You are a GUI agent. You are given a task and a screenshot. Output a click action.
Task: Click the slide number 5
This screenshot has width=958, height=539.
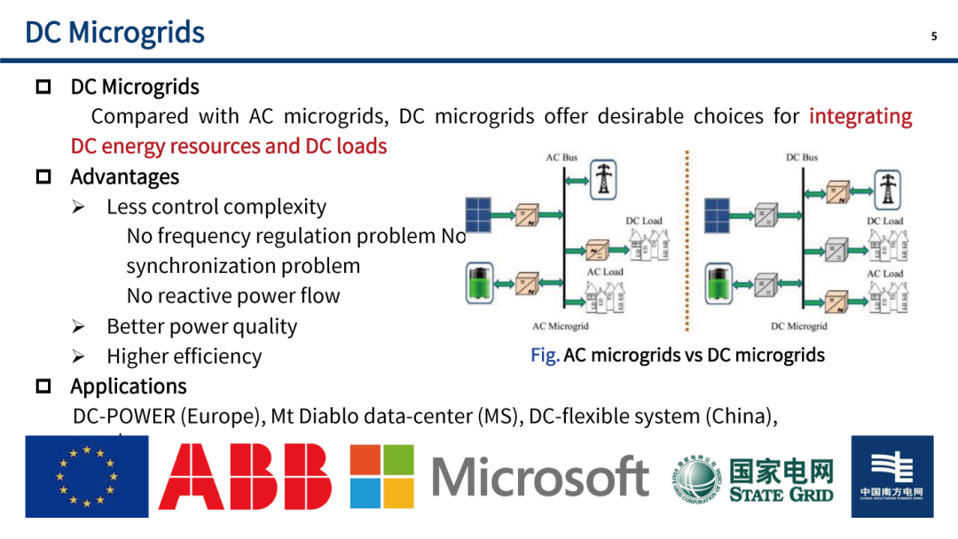[x=933, y=36]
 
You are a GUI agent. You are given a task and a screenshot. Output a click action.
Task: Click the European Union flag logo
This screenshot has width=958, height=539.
[x=86, y=476]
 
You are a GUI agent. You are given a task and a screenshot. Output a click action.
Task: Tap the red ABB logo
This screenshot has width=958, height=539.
[x=245, y=477]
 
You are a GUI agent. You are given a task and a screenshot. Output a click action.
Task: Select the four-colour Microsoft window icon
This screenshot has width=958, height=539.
[x=381, y=476]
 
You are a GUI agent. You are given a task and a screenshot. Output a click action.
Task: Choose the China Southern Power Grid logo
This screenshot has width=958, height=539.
[x=891, y=476]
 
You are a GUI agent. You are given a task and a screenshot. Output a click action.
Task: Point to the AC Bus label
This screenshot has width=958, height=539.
[x=561, y=158]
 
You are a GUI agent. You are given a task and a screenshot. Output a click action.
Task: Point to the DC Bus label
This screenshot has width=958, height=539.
[x=802, y=158]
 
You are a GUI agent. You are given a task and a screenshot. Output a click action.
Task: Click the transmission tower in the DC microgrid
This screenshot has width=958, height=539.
[x=886, y=188]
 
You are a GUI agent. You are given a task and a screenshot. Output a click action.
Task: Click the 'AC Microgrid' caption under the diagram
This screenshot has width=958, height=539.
[x=560, y=326]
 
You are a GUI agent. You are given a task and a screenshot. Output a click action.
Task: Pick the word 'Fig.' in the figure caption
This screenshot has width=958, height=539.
[x=545, y=355]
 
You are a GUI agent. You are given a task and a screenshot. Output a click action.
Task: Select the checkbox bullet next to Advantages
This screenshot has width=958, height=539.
[x=43, y=177]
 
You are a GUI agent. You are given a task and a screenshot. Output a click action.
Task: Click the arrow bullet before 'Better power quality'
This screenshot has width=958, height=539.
[x=78, y=327]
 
